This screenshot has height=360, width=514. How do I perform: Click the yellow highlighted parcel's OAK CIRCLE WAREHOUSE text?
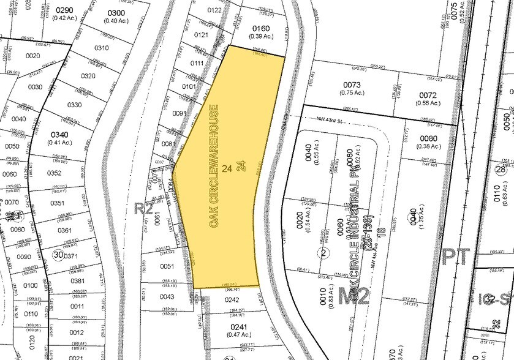point(214,167)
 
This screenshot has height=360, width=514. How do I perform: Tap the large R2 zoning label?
point(143,208)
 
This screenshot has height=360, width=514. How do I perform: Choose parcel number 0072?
point(428,96)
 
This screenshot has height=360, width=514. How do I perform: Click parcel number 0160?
point(260,28)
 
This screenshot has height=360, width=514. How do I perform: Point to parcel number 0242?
point(231,300)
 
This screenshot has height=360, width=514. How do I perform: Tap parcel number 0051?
point(167,266)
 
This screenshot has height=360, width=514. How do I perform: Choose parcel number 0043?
point(167,297)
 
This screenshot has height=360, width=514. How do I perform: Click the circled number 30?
point(58,254)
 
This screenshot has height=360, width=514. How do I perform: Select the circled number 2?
point(322,252)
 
